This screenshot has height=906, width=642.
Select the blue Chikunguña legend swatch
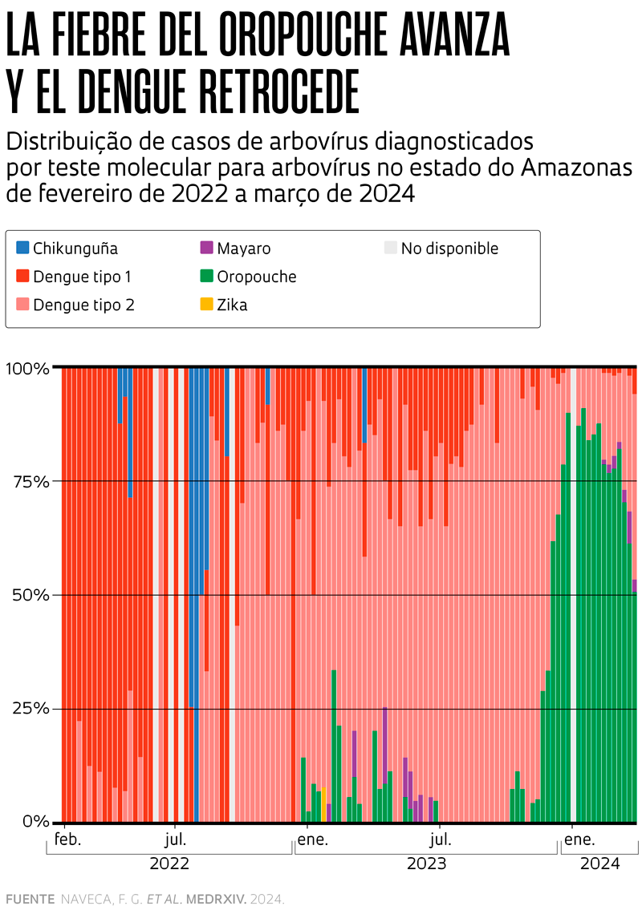click(23, 249)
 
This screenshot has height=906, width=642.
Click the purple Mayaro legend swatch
click(206, 249)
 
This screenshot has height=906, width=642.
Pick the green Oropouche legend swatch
click(206, 277)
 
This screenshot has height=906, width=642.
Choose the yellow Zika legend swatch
click(206, 305)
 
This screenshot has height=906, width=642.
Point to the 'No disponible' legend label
click(449, 249)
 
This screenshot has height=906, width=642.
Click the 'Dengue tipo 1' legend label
click(82, 277)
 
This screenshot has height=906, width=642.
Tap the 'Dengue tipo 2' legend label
click(83, 305)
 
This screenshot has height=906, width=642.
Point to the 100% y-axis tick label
click(27, 369)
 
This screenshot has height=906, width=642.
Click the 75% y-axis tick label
click(32, 482)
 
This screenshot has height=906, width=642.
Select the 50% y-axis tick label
click(32, 596)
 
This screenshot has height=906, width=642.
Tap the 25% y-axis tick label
click(32, 710)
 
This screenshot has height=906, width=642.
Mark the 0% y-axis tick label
click(36, 823)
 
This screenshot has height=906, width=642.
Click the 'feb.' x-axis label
click(68, 840)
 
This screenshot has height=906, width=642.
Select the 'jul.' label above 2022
click(176, 840)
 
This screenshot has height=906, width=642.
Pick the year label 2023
click(426, 864)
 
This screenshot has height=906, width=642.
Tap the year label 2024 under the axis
click(599, 864)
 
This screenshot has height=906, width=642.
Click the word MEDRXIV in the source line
click(216, 899)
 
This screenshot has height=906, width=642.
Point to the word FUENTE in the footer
click(30, 899)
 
